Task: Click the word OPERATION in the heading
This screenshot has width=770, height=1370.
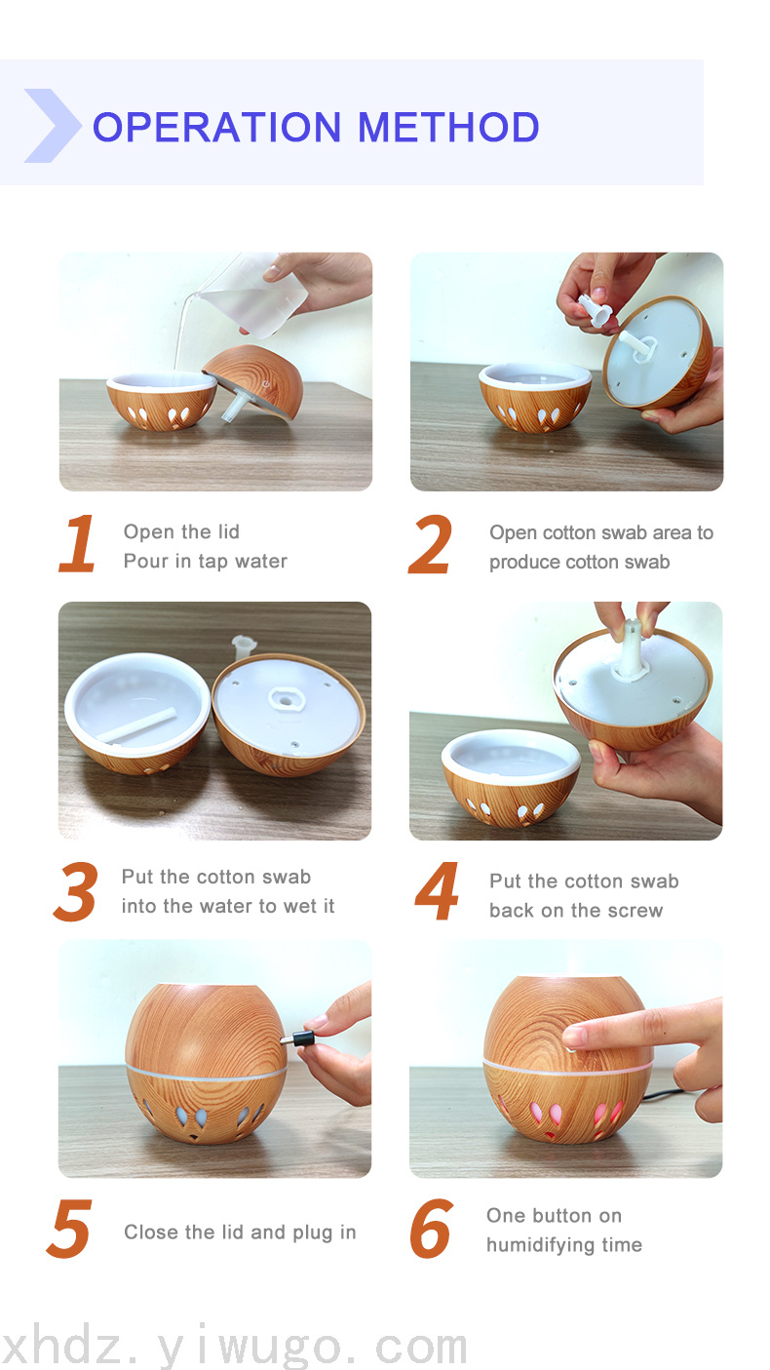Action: pyautogui.click(x=217, y=127)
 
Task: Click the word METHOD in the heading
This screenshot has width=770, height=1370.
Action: pyautogui.click(x=448, y=127)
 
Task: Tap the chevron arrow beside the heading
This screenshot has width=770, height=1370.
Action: pyautogui.click(x=53, y=126)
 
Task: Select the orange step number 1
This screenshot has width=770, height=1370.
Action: pyautogui.click(x=78, y=543)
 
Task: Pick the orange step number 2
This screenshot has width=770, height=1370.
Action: pyautogui.click(x=430, y=544)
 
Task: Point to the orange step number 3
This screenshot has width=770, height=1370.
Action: pyautogui.click(x=76, y=892)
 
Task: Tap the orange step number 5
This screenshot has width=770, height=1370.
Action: pyautogui.click(x=69, y=1228)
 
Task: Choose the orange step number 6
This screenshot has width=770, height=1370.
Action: pyautogui.click(x=431, y=1228)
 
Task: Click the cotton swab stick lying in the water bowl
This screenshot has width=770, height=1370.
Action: pyautogui.click(x=137, y=724)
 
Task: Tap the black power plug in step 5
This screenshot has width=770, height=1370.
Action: pyautogui.click(x=299, y=1038)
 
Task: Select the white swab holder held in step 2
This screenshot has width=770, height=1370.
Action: pyautogui.click(x=593, y=309)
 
